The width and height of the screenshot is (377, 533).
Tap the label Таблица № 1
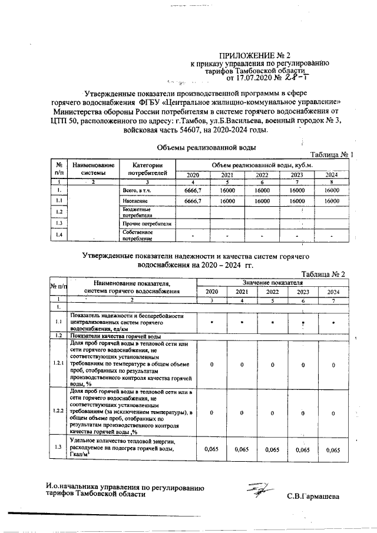[x=331, y=155]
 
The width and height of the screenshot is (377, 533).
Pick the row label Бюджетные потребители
[x=137, y=212]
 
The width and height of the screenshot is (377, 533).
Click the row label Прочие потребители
[x=146, y=224]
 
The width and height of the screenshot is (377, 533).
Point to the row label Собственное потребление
[x=137, y=236]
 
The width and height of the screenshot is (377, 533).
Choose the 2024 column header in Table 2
[x=333, y=292]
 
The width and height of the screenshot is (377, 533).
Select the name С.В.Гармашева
[x=313, y=496]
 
